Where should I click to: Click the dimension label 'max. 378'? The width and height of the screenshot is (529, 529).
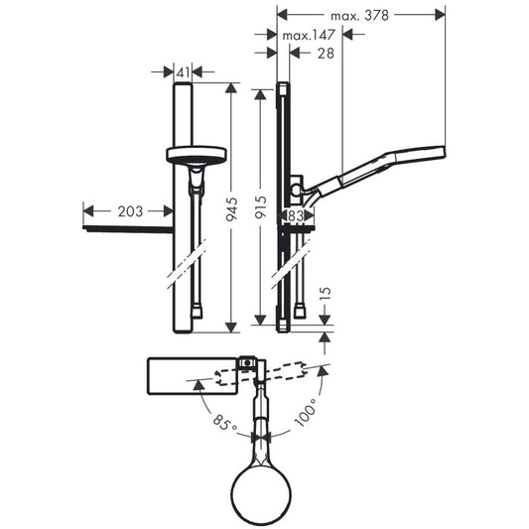pos(359,16)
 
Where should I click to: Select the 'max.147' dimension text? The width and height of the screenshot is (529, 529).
pos(309,35)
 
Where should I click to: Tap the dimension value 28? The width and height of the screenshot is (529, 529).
pos(326,54)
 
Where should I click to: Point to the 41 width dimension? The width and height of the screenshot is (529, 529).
pos(183,72)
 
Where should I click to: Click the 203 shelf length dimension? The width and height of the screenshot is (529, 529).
pos(130,211)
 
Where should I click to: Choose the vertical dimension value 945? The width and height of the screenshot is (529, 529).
pos(232,209)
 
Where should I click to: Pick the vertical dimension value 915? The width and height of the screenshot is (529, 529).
pos(261,207)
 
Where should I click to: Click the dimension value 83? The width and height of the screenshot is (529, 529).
pos(296,216)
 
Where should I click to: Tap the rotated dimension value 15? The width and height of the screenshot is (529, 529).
pos(326,294)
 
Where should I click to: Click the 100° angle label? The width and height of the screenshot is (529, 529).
pos(306,412)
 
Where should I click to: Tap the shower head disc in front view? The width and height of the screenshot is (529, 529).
pos(197,154)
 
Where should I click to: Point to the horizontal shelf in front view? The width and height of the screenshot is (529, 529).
pos(128,229)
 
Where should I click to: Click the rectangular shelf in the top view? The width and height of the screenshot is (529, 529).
pos(193,376)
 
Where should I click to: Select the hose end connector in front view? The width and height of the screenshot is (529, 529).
pos(198,312)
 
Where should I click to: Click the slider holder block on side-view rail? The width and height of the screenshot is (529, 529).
pos(297,190)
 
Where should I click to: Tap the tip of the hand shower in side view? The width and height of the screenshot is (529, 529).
pos(445,152)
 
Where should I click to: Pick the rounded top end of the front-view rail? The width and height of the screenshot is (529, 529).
pos(183,84)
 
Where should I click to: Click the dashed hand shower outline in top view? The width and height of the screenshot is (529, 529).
pos(261,374)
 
